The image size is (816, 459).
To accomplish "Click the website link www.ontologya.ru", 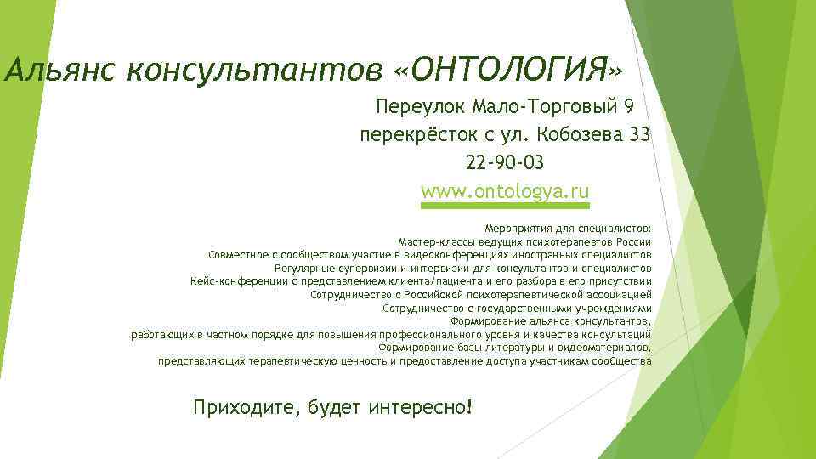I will (x=505, y=190).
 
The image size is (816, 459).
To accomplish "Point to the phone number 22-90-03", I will (x=505, y=162).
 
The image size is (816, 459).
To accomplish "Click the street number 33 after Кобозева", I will (x=640, y=134).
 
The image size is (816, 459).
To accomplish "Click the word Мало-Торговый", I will (x=545, y=106).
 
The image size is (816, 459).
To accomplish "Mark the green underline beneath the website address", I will (x=505, y=205).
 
